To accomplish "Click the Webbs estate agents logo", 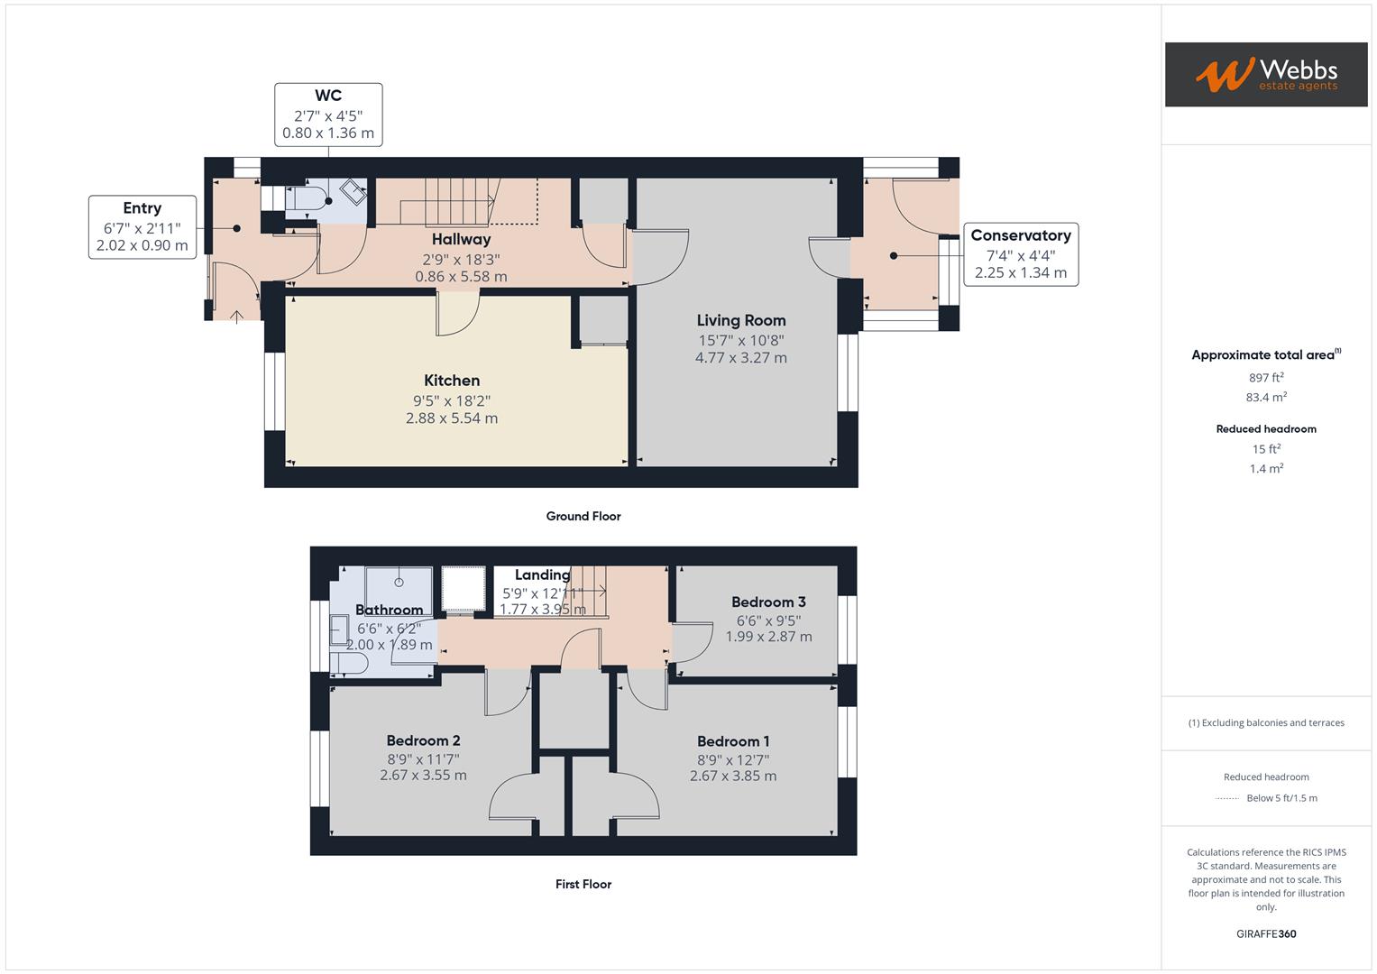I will coord(1265,74).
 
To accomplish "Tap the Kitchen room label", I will coord(452,381).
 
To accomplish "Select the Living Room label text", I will coord(740,320).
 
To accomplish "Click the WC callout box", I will coord(328,115).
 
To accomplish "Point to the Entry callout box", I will coord(142,226).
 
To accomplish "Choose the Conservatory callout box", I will coord(1021,253).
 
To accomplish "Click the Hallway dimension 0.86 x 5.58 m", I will coord(461,277).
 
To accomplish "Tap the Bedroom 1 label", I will coord(732,741).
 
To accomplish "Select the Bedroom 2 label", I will coord(423,740).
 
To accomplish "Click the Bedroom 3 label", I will coord(768,602).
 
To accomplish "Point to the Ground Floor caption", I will coord(583,517).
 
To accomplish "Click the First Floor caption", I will coord(583,885).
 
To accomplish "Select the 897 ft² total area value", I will coord(1266,378).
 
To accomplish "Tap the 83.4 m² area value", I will coord(1266,397).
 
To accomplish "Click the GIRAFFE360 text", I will coord(1266,934).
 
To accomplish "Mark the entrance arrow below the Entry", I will coord(237,316).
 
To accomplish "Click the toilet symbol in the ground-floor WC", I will coord(304,199).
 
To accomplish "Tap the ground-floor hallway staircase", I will coord(460,200).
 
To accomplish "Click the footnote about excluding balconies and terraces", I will coord(1266,722).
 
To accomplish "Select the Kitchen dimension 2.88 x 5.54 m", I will coord(452,418).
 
